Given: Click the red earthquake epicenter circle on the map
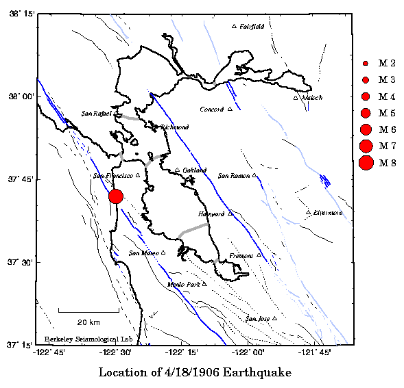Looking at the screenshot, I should point(116,196).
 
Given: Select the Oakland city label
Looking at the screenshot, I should point(195,170).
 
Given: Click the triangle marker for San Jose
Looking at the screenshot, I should point(274,318).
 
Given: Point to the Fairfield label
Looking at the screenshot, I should point(252,26).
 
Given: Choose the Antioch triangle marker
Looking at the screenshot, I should point(296,98).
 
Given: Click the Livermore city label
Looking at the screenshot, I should point(329,213).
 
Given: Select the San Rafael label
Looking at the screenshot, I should point(96,114).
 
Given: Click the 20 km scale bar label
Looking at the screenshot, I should point(88,322).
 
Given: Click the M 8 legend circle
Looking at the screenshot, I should point(366,162).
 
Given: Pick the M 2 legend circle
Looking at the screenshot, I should point(366,63).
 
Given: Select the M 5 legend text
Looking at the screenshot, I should point(388,112).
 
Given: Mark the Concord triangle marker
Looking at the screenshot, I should point(230,109).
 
